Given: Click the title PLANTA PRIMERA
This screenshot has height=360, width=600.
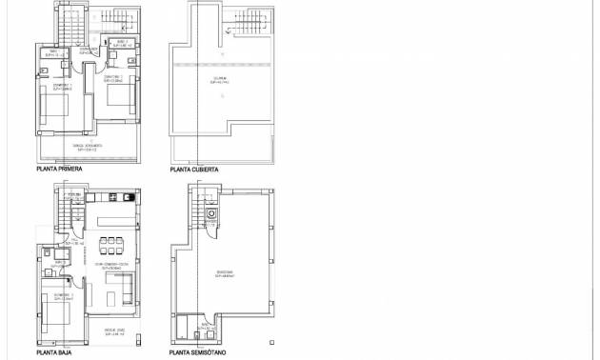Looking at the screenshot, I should pyautogui.click(x=59, y=169).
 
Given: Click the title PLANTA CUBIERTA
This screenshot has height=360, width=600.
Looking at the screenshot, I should pyautogui.click(x=194, y=169).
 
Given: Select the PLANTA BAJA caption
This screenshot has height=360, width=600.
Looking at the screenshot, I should pyautogui.click(x=53, y=351).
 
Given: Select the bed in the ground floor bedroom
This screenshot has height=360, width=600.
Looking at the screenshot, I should pyautogui.click(x=51, y=305).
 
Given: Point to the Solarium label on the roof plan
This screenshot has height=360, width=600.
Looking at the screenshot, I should pyautogui.click(x=220, y=81).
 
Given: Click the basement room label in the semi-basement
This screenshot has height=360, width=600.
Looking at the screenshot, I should pyautogui.click(x=225, y=273).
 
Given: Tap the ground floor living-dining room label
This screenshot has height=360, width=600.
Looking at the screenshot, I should pyautogui.click(x=117, y=266).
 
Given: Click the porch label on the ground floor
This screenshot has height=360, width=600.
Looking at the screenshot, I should pyautogui.click(x=111, y=332).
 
